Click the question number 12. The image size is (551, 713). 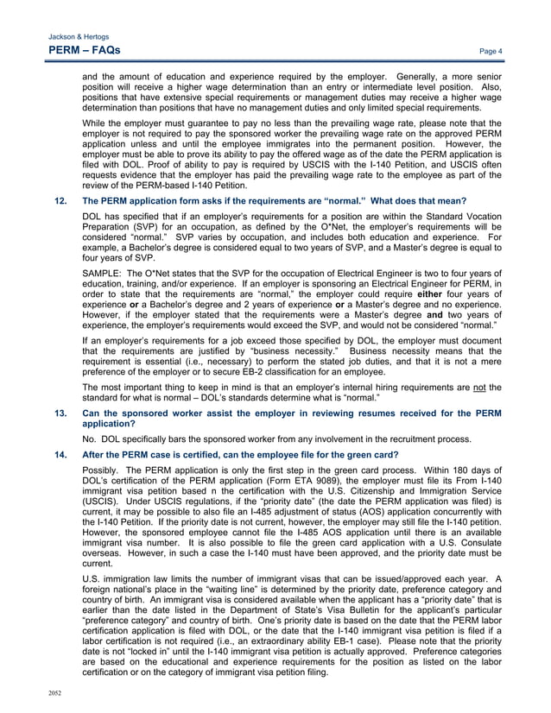tap(60, 200)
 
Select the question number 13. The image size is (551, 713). tap(60, 413)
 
